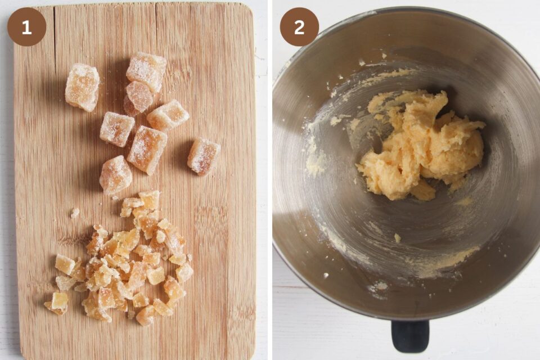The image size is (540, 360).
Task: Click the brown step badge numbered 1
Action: pyautogui.click(x=26, y=27)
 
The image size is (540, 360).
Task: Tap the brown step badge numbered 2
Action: pyautogui.click(x=299, y=27)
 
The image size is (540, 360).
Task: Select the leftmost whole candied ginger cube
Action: pyautogui.click(x=82, y=87)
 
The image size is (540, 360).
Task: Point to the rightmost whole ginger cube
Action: pyautogui.click(x=203, y=156)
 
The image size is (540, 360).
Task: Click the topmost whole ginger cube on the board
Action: pyautogui.click(x=146, y=71)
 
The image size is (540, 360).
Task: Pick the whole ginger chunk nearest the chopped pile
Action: pyautogui.click(x=116, y=175)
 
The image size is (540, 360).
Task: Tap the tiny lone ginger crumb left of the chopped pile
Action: pyautogui.click(x=75, y=213)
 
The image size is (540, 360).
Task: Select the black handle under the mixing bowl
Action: pyautogui.click(x=410, y=336)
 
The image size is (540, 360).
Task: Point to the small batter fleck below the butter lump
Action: pyautogui.click(x=397, y=238)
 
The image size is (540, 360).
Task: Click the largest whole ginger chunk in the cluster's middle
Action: pyautogui.click(x=147, y=149)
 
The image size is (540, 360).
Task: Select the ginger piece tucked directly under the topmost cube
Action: pyautogui.click(x=139, y=97)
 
